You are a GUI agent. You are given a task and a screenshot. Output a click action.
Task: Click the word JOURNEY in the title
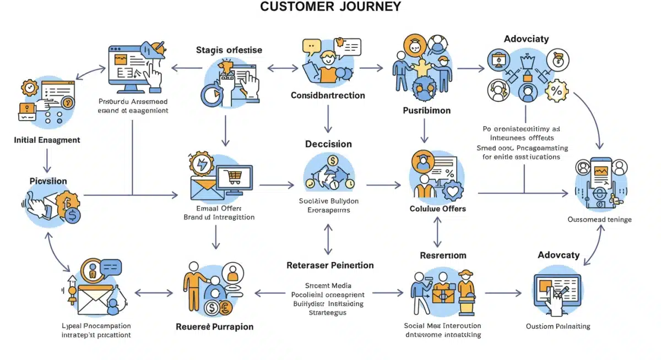367,7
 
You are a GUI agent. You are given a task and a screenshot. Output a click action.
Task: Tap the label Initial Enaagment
47,140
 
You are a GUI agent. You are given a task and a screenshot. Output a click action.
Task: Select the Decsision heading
328,144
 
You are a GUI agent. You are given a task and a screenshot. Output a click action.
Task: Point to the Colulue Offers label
437,209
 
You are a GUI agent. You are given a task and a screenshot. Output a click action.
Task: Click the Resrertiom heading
443,255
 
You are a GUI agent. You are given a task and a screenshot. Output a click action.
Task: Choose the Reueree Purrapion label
214,326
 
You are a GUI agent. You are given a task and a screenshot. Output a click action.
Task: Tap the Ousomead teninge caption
599,219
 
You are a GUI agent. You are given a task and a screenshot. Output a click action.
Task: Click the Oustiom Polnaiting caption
557,326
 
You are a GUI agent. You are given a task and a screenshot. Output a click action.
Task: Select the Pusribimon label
426,111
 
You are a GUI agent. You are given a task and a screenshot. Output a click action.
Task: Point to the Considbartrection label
328,95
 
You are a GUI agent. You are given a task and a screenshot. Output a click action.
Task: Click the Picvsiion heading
48,181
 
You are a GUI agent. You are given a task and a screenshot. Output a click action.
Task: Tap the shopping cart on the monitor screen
234,177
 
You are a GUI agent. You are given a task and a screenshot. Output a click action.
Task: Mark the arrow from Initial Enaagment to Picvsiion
47,160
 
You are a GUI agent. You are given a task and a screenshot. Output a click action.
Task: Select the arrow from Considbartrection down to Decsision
328,118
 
